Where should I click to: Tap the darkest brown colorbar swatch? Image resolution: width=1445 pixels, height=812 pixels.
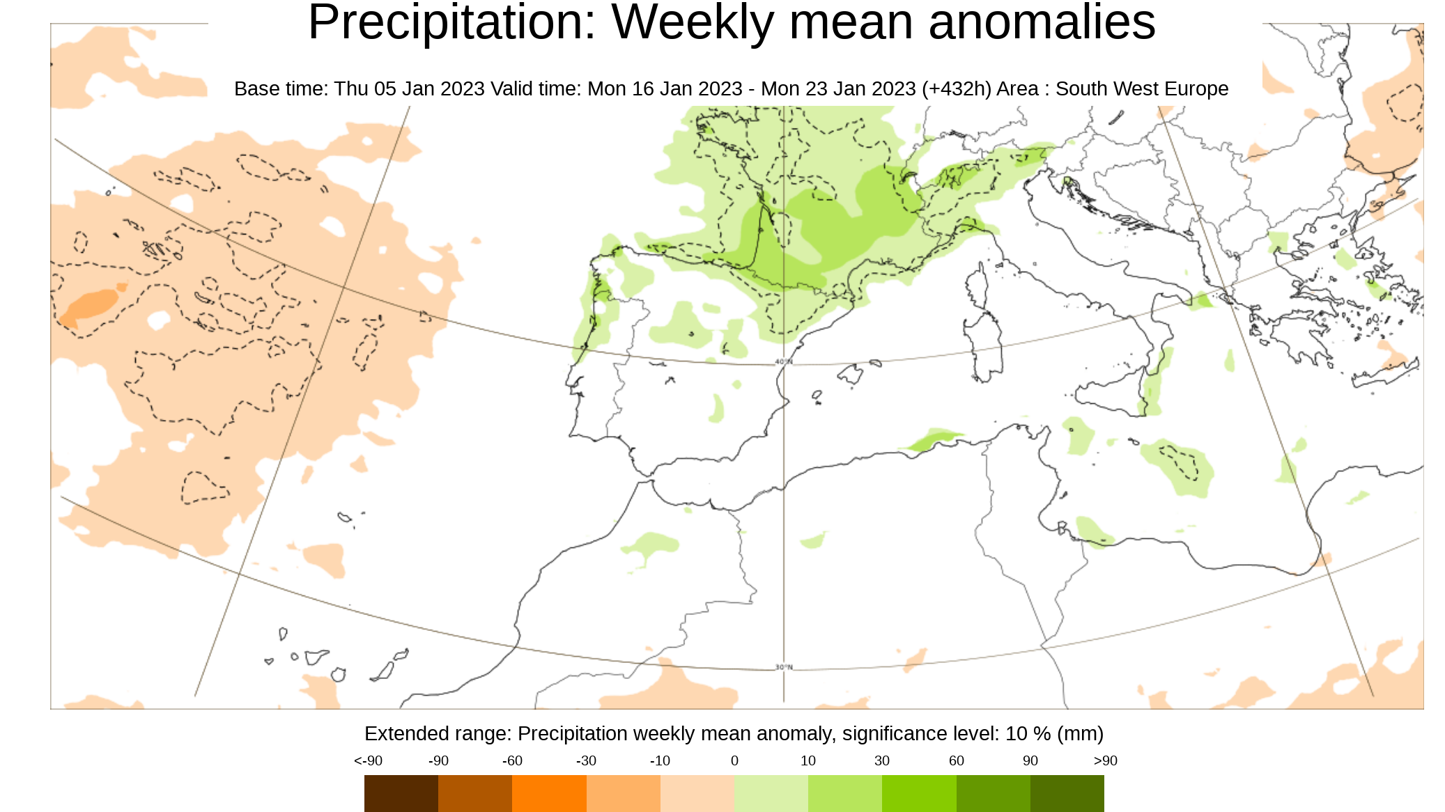(401, 793)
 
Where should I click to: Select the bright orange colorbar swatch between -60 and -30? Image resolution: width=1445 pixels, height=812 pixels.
(549, 793)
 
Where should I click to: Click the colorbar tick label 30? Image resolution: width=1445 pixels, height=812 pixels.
(881, 760)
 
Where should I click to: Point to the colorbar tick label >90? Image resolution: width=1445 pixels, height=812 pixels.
(1105, 760)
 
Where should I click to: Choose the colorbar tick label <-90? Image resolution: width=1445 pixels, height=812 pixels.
(368, 760)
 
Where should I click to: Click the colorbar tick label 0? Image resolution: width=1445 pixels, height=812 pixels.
(734, 760)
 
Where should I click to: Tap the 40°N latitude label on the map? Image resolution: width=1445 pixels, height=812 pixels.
(784, 361)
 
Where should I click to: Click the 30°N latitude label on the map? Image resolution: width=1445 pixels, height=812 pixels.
(784, 667)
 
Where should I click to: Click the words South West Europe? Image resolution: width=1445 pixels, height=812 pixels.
(1141, 89)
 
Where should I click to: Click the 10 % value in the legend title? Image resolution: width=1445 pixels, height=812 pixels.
(1028, 733)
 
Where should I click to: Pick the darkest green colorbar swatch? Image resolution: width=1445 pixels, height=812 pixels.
(1067, 793)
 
